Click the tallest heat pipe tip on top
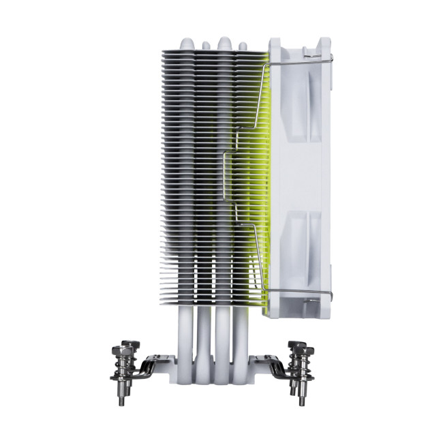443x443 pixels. pyautogui.click(x=224, y=40)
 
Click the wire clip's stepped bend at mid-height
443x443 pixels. pyautogui.click(x=230, y=147)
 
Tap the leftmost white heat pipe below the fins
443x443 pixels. pyautogui.click(x=183, y=341)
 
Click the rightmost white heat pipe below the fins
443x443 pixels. pyautogui.click(x=243, y=341)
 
